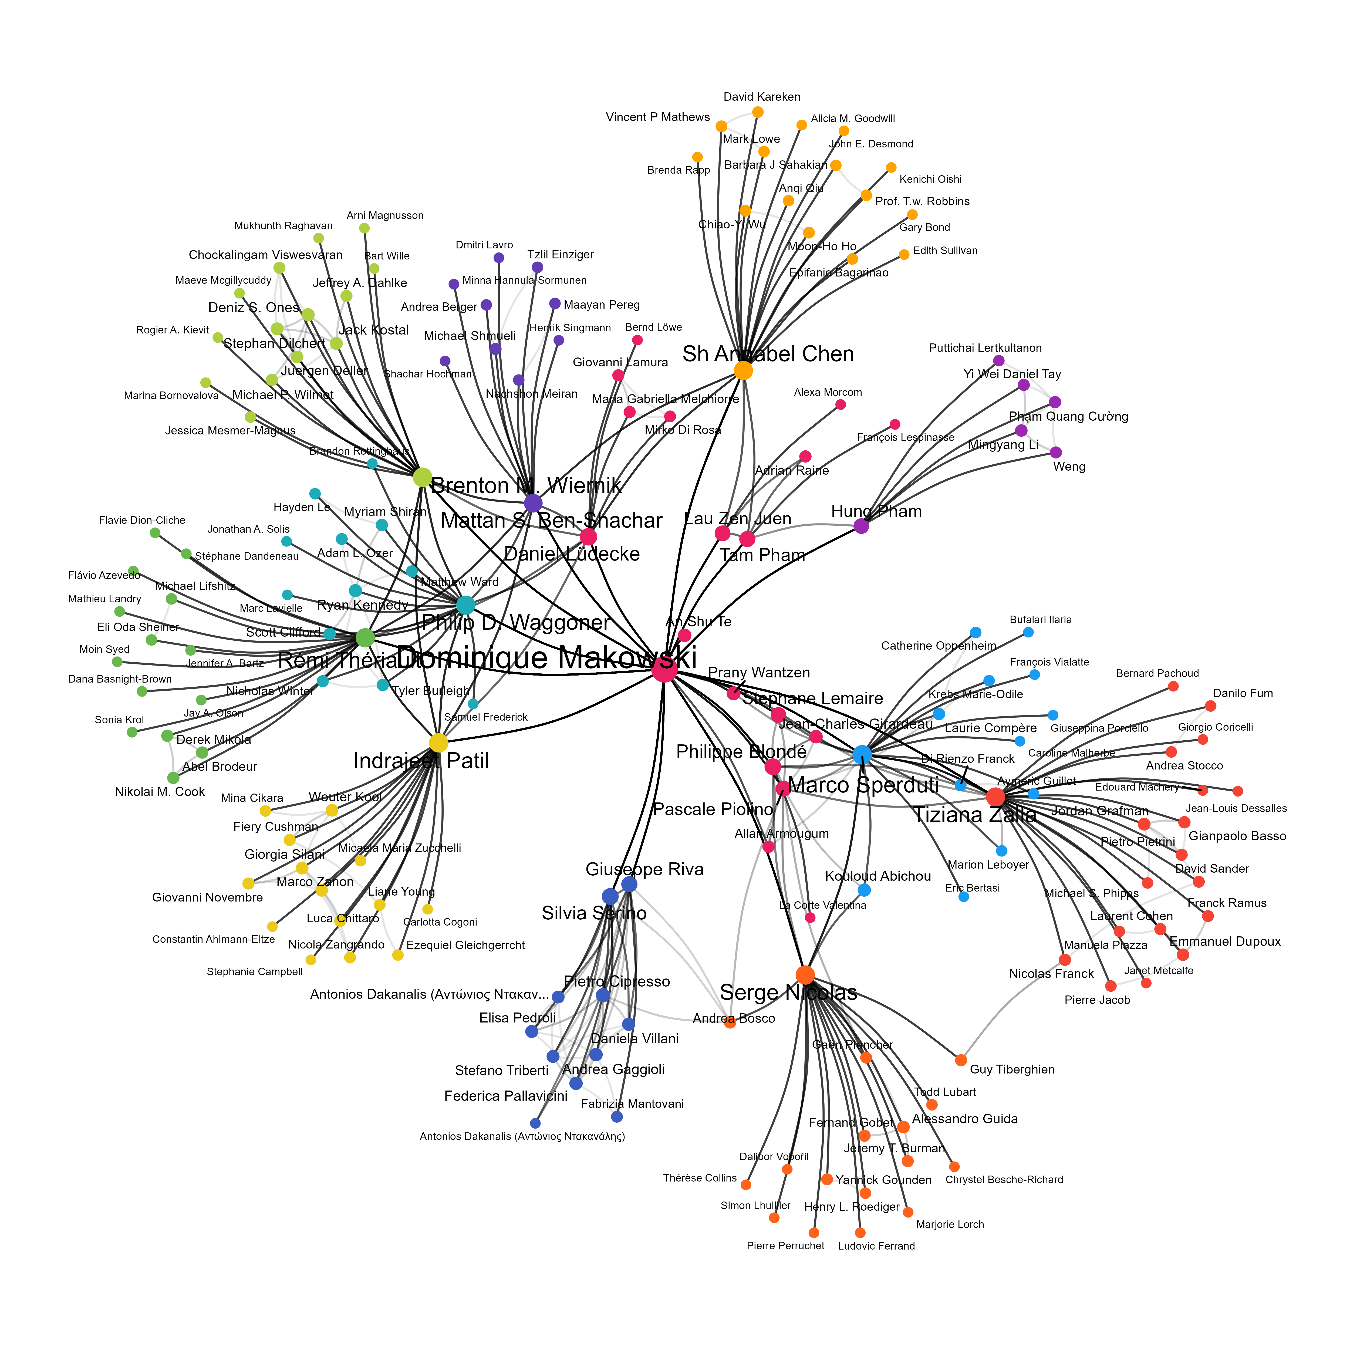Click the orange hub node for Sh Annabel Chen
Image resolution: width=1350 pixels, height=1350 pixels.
click(743, 370)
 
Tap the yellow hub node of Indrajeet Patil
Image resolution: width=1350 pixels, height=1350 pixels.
click(438, 743)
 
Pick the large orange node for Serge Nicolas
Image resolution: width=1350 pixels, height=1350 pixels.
click(805, 975)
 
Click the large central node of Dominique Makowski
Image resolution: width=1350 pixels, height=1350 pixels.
click(664, 669)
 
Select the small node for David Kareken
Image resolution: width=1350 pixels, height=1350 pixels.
click(757, 112)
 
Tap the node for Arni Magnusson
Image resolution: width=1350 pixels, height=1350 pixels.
click(364, 228)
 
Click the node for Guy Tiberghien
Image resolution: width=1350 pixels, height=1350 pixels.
click(961, 1060)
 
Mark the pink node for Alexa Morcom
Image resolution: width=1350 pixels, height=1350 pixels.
click(841, 404)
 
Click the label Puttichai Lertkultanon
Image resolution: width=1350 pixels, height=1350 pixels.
click(985, 348)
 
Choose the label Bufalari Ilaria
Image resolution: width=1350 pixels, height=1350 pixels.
click(1041, 620)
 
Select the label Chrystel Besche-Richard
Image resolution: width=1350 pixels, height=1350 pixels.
click(1004, 1180)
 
